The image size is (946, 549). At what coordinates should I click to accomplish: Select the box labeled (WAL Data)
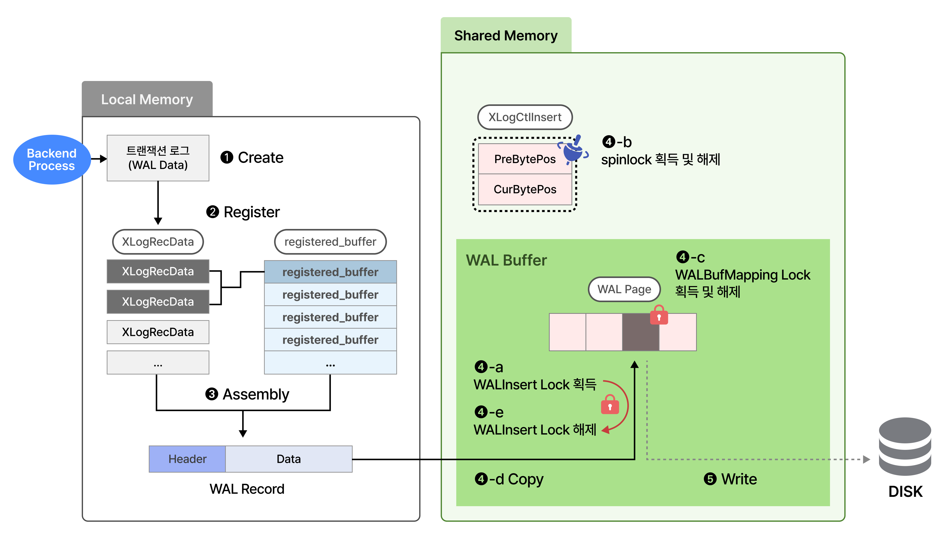158,158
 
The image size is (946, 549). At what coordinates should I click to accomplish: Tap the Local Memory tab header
147,99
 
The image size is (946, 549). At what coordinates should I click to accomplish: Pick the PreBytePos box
525,159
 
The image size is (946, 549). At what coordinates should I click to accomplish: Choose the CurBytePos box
525,189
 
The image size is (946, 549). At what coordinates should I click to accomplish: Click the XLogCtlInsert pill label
525,117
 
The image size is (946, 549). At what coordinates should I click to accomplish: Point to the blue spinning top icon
573,150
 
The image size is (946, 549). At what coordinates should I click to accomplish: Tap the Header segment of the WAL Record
187,459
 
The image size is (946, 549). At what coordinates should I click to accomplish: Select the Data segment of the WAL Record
288,459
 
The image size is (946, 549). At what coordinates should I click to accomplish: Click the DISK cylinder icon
905,447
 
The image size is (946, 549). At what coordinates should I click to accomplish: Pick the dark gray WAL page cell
641,332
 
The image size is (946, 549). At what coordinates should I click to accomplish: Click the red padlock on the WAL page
659,315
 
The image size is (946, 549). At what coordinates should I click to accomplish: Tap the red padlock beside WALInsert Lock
610,405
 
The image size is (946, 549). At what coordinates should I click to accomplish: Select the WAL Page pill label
624,289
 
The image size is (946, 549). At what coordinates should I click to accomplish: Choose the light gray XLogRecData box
158,332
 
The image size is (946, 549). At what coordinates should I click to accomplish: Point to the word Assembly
256,394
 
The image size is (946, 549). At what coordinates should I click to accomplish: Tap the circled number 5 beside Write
710,479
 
